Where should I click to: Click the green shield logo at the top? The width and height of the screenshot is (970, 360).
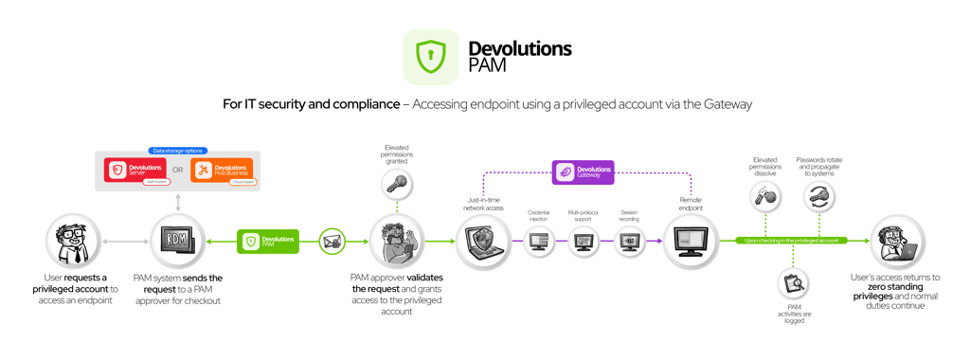pyautogui.click(x=431, y=57)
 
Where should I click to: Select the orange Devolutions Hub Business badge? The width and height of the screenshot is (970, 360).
pyautogui.click(x=222, y=171)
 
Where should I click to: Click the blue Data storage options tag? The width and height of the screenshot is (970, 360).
pyautogui.click(x=177, y=151)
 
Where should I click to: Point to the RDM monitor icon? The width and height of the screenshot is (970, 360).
pyautogui.click(x=177, y=241)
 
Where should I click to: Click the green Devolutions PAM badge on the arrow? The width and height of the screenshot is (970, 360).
pyautogui.click(x=268, y=242)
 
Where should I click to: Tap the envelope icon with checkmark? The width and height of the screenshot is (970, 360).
pyautogui.click(x=332, y=242)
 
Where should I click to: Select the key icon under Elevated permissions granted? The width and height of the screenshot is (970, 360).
pyautogui.click(x=397, y=185)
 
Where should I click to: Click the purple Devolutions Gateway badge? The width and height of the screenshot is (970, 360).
pyautogui.click(x=584, y=171)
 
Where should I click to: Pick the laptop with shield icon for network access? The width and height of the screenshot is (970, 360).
pyautogui.click(x=484, y=242)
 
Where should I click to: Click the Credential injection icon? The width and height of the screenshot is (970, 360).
pyautogui.click(x=539, y=243)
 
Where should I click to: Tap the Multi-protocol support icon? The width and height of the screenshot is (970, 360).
pyautogui.click(x=584, y=243)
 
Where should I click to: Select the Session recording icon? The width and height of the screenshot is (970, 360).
pyautogui.click(x=629, y=243)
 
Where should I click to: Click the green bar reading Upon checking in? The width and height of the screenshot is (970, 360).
pyautogui.click(x=791, y=241)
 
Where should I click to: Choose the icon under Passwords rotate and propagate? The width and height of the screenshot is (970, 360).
pyautogui.click(x=819, y=197)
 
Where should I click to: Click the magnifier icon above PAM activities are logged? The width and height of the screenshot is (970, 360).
pyautogui.click(x=794, y=283)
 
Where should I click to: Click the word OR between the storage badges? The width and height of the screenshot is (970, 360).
pyautogui.click(x=178, y=171)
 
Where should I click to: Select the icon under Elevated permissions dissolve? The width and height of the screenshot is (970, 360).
pyautogui.click(x=765, y=197)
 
